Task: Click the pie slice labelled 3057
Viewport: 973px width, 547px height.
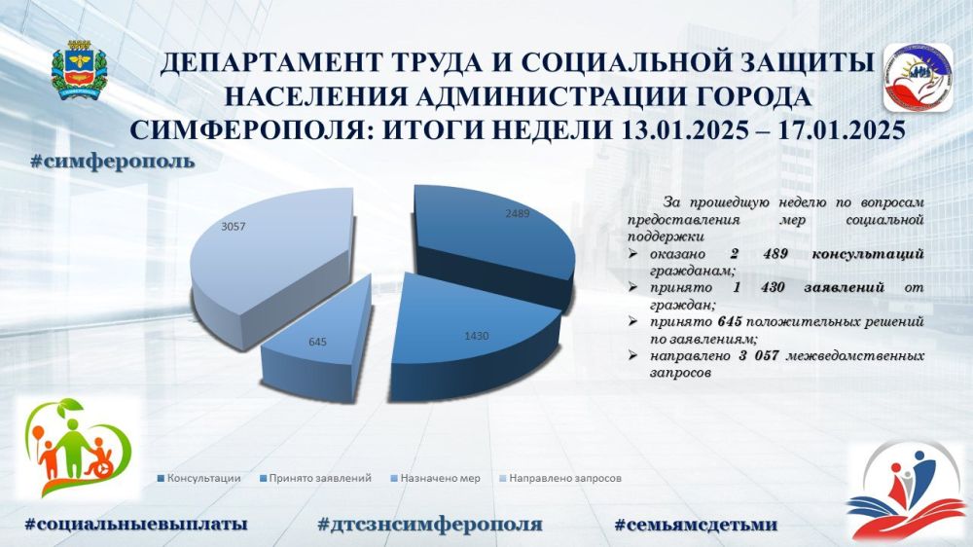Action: point(267,261)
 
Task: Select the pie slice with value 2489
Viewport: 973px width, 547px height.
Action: point(490,242)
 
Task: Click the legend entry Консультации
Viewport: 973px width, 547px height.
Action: point(199,479)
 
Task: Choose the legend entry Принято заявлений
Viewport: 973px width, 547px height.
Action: point(315,479)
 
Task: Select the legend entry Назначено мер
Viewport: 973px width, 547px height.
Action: point(435,479)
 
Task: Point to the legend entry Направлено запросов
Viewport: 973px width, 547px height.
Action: point(560,479)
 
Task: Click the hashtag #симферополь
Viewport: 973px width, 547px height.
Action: point(112,162)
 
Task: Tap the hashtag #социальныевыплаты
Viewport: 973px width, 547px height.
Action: point(136,524)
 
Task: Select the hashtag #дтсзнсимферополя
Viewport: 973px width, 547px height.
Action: point(430,525)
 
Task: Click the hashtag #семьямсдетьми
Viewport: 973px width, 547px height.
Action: point(696,525)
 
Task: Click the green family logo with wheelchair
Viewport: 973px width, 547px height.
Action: point(78,448)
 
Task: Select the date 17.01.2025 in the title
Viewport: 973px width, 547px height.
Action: point(842,129)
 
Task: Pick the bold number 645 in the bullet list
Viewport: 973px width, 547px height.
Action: point(730,321)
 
